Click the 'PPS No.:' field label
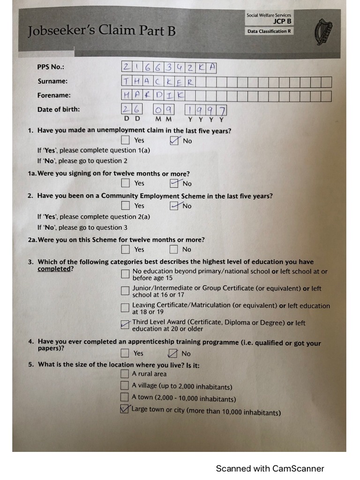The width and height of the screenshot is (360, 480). (x=51, y=67)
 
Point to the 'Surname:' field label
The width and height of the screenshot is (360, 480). (x=52, y=81)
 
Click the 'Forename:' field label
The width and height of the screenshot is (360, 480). (x=54, y=95)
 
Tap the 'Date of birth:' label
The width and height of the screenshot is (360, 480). (x=59, y=109)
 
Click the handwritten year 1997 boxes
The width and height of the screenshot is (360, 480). (x=206, y=110)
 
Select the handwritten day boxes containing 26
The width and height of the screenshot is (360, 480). (x=132, y=110)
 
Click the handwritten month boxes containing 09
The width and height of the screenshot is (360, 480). (x=164, y=110)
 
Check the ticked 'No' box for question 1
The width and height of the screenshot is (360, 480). (x=174, y=141)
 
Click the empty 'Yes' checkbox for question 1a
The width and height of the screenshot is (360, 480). (x=125, y=183)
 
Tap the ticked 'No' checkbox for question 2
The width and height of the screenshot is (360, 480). (x=174, y=206)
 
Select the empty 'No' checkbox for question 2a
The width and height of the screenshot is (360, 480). (x=174, y=249)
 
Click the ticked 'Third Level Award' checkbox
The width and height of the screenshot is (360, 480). (x=125, y=325)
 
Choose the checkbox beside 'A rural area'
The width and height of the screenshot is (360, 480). (x=125, y=374)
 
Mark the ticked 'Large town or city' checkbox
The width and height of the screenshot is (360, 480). (x=125, y=409)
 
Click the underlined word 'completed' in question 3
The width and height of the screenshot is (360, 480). (x=54, y=269)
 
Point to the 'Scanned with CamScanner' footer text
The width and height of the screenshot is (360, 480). (x=270, y=468)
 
